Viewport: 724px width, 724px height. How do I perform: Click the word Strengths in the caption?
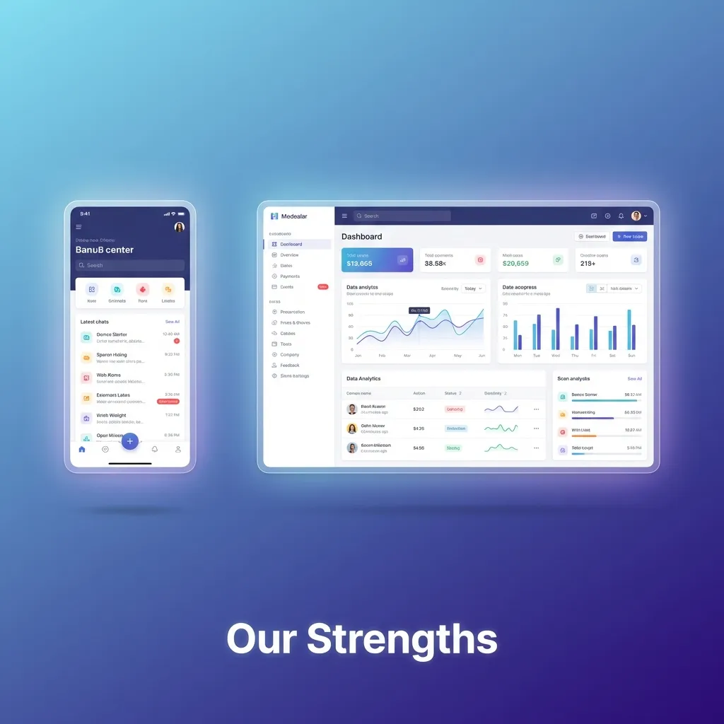click(402, 639)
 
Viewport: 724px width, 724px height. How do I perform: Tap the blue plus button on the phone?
click(129, 441)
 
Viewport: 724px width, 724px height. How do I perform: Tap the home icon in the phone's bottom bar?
click(82, 449)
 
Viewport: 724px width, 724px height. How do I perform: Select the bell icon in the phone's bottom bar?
click(155, 449)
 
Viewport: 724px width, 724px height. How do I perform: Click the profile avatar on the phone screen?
click(179, 227)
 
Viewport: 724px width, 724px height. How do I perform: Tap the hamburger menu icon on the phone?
click(78, 227)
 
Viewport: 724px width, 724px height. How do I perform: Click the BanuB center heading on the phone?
click(105, 250)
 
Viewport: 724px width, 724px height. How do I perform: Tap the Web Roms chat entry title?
click(109, 375)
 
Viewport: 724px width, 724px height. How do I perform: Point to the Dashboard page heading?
click(361, 237)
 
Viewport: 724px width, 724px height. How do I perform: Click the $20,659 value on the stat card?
click(515, 264)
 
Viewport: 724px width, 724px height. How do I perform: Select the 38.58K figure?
click(435, 264)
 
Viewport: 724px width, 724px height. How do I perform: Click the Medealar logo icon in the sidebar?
click(274, 216)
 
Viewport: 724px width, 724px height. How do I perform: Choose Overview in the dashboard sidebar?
click(289, 255)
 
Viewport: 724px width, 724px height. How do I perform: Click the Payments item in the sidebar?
click(290, 276)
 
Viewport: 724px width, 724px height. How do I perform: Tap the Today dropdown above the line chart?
click(473, 288)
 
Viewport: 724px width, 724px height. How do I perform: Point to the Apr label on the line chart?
click(432, 356)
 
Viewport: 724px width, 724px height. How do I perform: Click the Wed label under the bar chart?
click(556, 356)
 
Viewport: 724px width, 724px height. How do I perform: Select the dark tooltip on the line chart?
click(419, 310)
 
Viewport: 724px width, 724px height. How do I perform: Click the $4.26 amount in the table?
click(419, 428)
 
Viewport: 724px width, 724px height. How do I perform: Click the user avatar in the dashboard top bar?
click(636, 216)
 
